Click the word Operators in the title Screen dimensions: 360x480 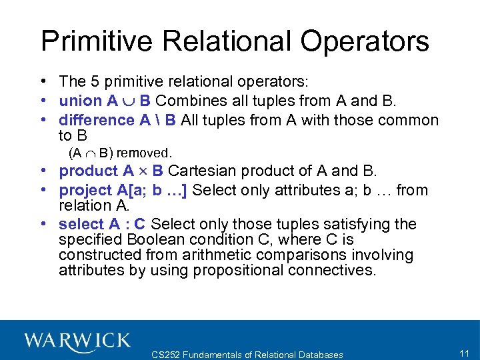tap(365, 41)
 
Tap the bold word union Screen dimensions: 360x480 tap(80, 101)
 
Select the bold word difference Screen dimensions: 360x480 tap(97, 120)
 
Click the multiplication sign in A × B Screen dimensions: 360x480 tap(144, 171)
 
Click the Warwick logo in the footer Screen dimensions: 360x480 tap(77, 341)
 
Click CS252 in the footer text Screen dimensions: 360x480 tap(167, 355)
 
